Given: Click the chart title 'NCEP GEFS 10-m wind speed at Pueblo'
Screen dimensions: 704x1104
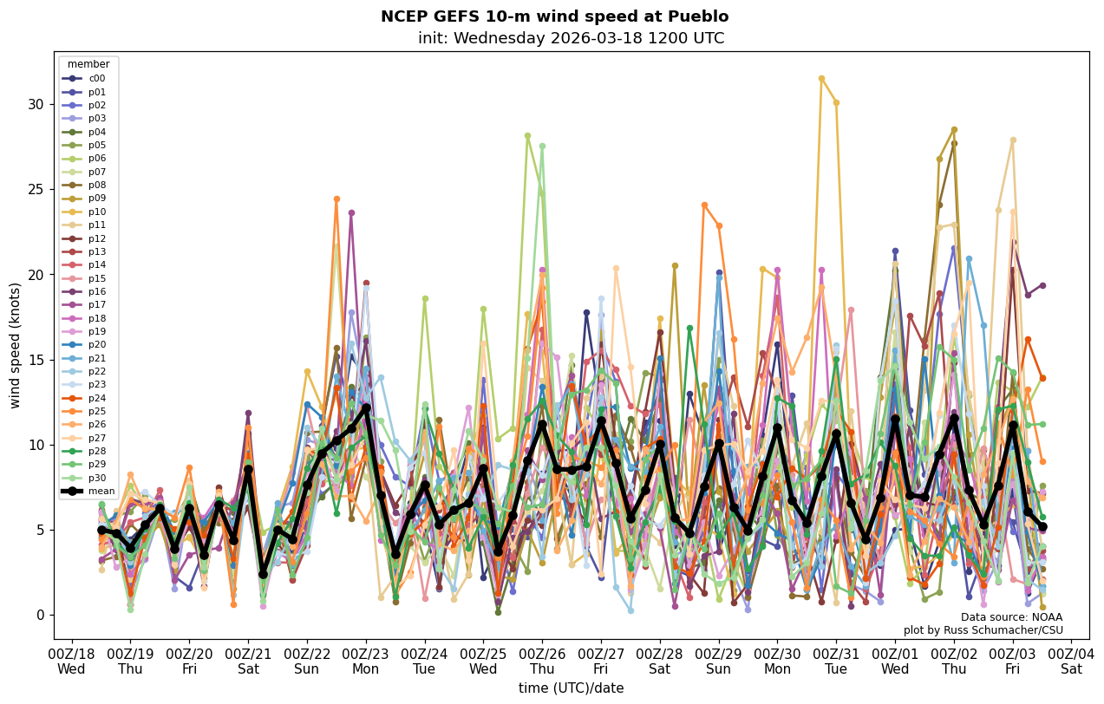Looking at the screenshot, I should (554, 16).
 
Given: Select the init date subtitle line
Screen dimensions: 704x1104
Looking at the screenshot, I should (571, 38).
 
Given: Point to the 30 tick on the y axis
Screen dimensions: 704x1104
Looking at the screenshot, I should (35, 105).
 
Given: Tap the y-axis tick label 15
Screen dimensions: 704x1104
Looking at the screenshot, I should (35, 360).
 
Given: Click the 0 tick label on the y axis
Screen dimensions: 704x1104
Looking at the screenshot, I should (39, 616).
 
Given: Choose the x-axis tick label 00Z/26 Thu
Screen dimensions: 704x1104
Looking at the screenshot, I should (542, 660).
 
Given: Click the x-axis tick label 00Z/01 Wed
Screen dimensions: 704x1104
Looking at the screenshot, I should (895, 660).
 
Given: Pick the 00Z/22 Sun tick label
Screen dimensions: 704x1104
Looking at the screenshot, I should (307, 660).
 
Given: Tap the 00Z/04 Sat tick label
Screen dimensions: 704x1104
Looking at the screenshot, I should (1072, 660).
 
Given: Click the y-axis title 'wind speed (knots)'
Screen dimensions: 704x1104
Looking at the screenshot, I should (15, 345).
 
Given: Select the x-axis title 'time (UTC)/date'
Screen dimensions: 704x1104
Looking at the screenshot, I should (571, 688).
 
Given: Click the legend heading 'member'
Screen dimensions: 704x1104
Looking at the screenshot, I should (88, 64).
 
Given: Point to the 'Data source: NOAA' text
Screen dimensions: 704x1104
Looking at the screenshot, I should (1011, 617).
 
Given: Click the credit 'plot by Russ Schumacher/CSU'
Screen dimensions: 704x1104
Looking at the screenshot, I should (983, 630).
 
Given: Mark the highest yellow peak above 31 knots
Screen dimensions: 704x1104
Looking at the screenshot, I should (821, 78).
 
